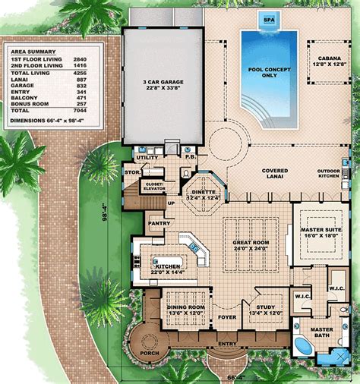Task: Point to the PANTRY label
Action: click(x=160, y=224)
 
